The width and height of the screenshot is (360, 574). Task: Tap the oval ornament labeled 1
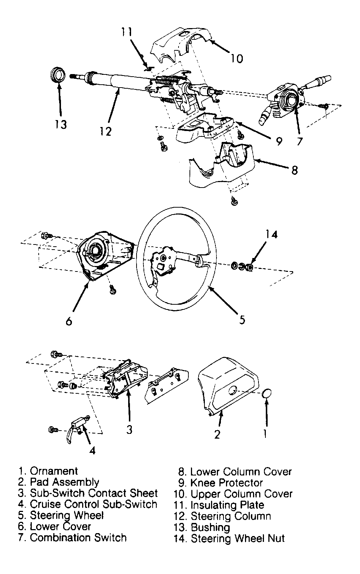pyautogui.click(x=267, y=394)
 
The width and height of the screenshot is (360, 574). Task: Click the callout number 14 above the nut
pyautogui.click(x=271, y=234)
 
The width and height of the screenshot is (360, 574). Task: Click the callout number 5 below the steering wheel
pyautogui.click(x=242, y=320)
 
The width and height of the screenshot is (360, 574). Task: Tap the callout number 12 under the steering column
pyautogui.click(x=105, y=131)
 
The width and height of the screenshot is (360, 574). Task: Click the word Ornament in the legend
pyautogui.click(x=54, y=471)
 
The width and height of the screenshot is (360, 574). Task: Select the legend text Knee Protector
pyautogui.click(x=226, y=483)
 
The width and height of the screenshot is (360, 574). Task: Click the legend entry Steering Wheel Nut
pyautogui.click(x=238, y=538)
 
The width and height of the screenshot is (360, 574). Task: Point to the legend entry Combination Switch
pyautogui.click(x=78, y=538)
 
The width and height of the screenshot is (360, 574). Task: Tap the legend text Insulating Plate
pyautogui.click(x=227, y=505)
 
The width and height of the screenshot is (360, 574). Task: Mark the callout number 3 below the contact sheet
pyautogui.click(x=129, y=429)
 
